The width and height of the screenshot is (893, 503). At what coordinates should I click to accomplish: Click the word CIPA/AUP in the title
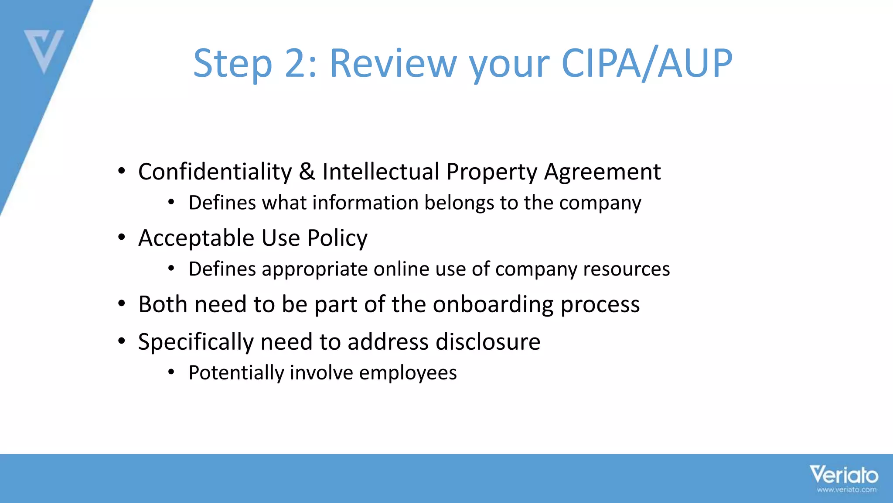tap(647, 64)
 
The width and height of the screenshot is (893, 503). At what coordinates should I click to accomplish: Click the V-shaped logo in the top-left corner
tap(44, 50)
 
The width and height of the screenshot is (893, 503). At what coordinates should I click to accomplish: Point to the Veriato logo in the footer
tap(844, 475)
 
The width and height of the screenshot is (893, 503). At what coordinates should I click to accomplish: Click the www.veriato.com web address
tap(846, 490)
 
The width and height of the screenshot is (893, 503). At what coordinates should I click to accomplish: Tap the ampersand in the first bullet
tap(307, 171)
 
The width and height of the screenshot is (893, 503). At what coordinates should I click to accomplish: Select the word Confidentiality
tap(215, 171)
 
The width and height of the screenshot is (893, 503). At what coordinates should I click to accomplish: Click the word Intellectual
tap(381, 171)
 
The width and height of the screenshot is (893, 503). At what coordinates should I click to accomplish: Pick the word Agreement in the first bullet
tap(602, 172)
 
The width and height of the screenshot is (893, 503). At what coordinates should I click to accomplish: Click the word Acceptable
tap(196, 238)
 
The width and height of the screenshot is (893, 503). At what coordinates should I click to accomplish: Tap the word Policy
tap(337, 238)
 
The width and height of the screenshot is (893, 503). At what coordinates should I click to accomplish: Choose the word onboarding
tap(493, 305)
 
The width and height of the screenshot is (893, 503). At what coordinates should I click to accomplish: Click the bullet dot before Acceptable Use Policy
tap(122, 238)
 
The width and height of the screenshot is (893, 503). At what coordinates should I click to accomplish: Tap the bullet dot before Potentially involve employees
tap(171, 372)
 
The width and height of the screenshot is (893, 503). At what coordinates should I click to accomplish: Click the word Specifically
tap(196, 342)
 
